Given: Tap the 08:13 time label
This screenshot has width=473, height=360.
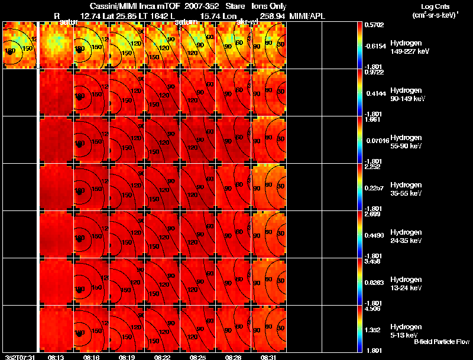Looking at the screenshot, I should [x=56, y=357].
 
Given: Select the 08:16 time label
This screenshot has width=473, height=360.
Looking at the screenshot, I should [x=92, y=357].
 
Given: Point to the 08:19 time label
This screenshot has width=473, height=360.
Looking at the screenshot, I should [x=127, y=357].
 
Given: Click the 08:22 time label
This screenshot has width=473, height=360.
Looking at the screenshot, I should [x=163, y=357].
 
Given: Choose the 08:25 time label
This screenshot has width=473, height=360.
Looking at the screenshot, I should [x=198, y=357].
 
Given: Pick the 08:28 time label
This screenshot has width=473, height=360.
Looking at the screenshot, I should [x=234, y=357].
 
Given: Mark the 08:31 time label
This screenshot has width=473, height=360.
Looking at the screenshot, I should [x=269, y=357].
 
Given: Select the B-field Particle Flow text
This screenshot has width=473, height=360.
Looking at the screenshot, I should [x=441, y=342].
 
